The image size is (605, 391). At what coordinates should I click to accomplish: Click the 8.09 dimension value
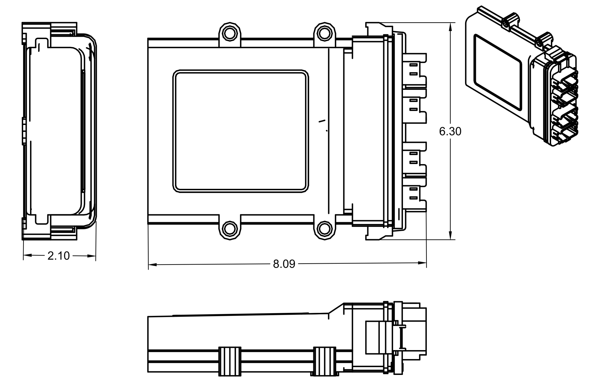284,264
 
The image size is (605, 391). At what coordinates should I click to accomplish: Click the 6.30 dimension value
450,131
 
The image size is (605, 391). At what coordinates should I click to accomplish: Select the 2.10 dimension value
58,256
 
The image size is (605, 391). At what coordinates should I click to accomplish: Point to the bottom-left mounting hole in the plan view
230,229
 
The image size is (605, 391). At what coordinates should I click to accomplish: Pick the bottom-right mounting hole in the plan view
325,229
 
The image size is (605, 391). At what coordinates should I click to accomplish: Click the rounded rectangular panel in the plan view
241,131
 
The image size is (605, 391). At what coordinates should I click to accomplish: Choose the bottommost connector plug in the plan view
414,193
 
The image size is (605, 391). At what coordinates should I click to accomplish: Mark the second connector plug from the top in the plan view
414,105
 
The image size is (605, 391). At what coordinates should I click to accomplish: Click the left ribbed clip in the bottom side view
230,361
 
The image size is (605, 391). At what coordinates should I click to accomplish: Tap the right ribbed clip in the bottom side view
325,361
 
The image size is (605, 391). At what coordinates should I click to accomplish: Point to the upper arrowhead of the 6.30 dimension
450,27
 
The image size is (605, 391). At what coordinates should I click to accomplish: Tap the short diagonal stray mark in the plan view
322,121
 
